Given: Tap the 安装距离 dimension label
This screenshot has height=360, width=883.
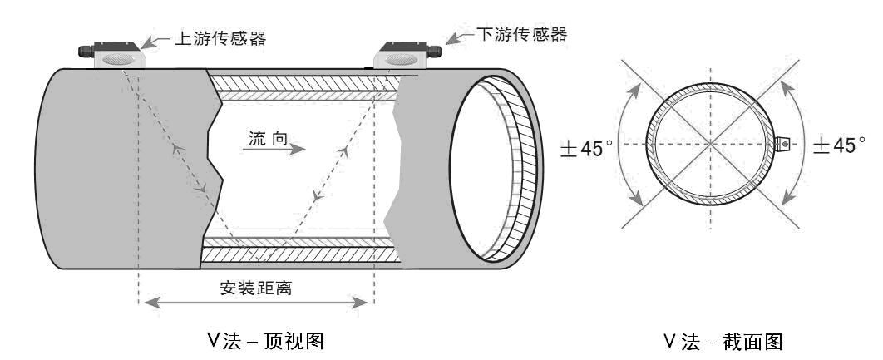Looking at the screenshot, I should pos(255,289).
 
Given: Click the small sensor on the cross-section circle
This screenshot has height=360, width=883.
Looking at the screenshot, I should pos(782,145).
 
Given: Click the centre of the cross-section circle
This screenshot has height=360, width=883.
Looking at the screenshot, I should pos(710,145).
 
